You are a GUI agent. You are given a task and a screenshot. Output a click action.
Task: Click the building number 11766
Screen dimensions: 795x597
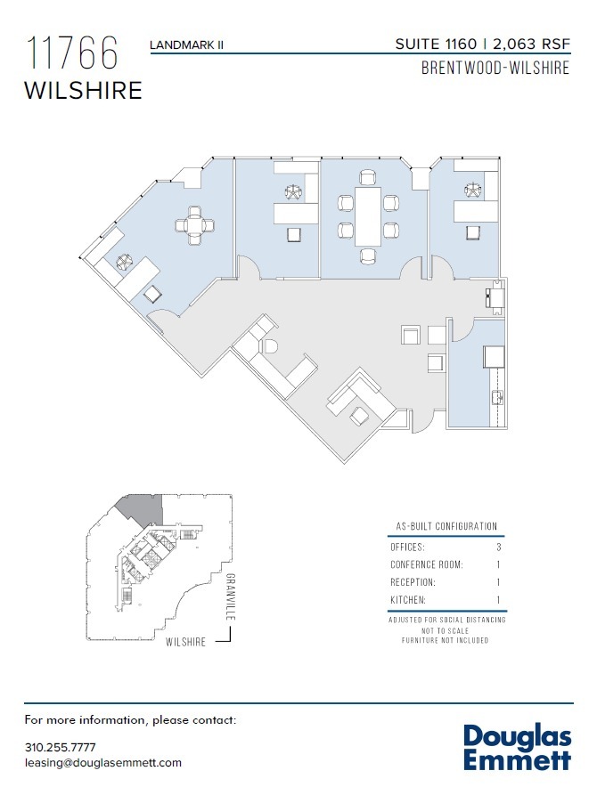(73, 54)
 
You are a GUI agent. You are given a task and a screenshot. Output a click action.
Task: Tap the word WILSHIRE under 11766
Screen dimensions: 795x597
(83, 91)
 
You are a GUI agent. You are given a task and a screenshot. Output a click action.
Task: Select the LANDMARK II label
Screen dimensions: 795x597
(186, 44)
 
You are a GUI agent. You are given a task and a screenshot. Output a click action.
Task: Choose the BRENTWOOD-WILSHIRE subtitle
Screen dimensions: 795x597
(495, 69)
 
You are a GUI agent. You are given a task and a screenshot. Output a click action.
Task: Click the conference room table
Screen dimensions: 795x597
(366, 215)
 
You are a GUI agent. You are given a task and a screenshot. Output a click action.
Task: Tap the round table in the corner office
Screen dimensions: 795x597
(195, 224)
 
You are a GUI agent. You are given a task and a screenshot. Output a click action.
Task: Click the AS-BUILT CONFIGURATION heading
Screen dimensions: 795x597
(446, 526)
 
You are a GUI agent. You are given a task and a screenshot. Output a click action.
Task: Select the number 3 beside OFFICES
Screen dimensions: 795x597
(499, 547)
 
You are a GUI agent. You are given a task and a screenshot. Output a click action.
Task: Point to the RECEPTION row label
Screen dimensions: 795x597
(413, 583)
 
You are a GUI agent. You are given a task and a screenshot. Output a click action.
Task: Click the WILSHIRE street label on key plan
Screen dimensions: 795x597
(186, 641)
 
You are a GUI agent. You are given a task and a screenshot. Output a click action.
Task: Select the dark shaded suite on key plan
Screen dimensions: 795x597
(141, 509)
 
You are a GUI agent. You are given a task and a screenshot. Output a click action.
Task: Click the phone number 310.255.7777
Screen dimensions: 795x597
(60, 747)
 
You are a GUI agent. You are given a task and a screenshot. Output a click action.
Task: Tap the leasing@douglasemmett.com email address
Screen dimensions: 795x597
(102, 763)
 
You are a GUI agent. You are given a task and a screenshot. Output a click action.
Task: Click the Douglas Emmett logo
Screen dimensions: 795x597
(517, 747)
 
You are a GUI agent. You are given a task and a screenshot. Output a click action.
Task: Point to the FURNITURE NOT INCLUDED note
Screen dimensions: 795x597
(446, 640)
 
